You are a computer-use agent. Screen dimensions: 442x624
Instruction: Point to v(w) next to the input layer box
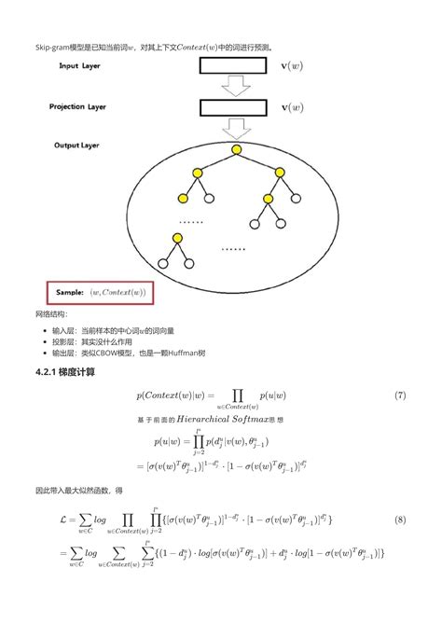[291, 67]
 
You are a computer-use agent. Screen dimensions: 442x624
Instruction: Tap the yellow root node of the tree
[237, 150]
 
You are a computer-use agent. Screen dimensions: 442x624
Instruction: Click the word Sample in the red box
[69, 292]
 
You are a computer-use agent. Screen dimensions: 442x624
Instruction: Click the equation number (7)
[400, 395]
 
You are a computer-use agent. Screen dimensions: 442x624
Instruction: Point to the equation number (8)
[400, 518]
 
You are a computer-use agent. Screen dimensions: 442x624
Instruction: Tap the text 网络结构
[51, 314]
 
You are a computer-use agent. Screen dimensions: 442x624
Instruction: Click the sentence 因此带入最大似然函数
[78, 490]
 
